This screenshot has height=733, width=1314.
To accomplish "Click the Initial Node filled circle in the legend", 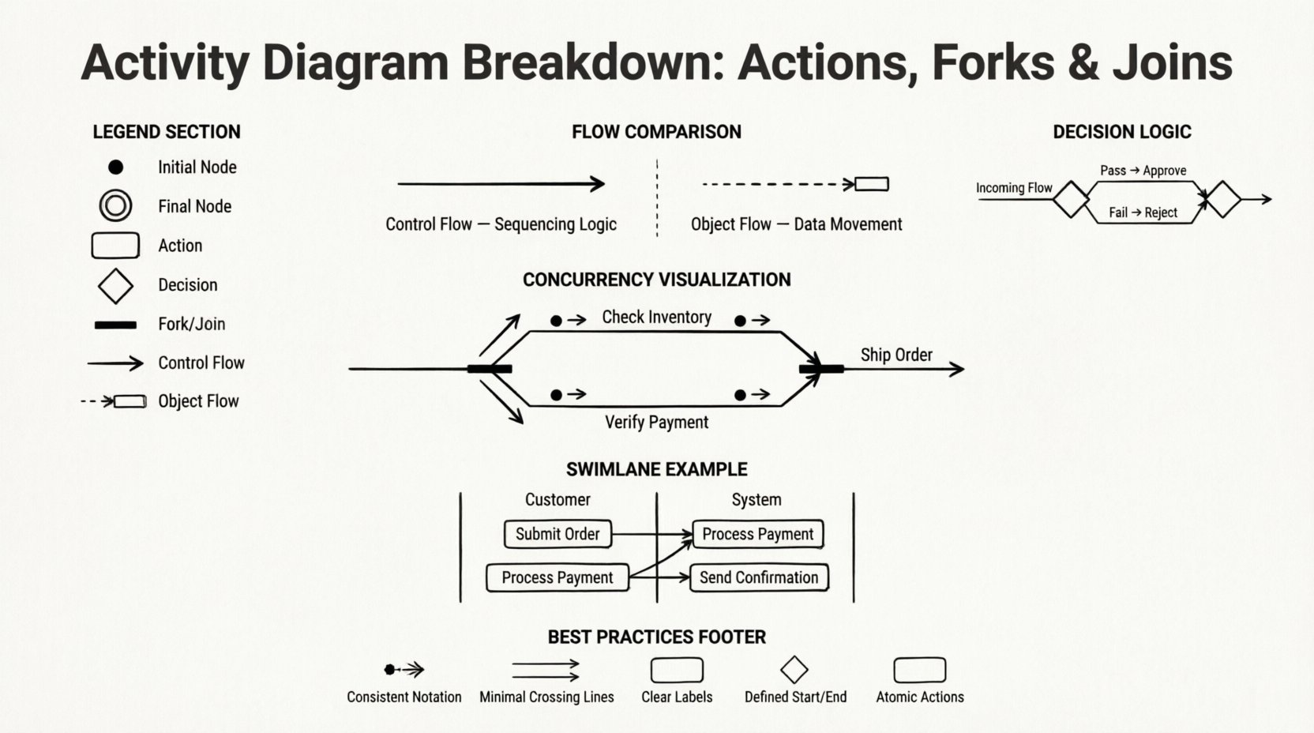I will pyautogui.click(x=115, y=167).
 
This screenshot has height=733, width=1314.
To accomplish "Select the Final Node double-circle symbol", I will pyautogui.click(x=115, y=206).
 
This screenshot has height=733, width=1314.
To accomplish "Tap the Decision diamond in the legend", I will pyautogui.click(x=115, y=285).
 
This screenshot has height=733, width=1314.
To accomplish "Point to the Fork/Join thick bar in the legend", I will pyautogui.click(x=115, y=325).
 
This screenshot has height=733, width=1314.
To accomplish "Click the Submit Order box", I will pyautogui.click(x=558, y=534).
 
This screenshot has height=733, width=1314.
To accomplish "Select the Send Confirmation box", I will pyautogui.click(x=759, y=577).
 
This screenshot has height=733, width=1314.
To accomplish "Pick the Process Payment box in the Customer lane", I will pyautogui.click(x=558, y=577).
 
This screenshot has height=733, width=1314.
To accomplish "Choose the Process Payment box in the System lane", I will pyautogui.click(x=758, y=534).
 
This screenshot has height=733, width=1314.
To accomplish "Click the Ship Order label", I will pyautogui.click(x=896, y=355).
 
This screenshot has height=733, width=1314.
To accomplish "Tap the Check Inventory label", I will pyautogui.click(x=656, y=317).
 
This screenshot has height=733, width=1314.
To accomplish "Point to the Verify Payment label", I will pyautogui.click(x=656, y=422).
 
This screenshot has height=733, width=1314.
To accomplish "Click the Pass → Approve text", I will pyautogui.click(x=1143, y=171).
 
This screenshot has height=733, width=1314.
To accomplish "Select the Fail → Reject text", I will pyautogui.click(x=1143, y=212).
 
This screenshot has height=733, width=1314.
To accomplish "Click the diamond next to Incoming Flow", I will pyautogui.click(x=1072, y=199).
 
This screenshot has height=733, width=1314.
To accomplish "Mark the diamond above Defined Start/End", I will pyautogui.click(x=794, y=670).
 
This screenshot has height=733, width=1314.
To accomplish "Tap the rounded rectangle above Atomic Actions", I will pyautogui.click(x=919, y=670).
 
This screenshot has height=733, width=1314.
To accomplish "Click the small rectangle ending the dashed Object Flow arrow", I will pyautogui.click(x=872, y=184).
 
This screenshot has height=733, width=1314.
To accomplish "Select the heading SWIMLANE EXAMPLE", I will pyautogui.click(x=656, y=469).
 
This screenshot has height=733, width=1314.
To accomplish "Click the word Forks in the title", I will pyautogui.click(x=993, y=62).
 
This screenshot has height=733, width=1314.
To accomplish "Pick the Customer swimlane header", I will pyautogui.click(x=558, y=499).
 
